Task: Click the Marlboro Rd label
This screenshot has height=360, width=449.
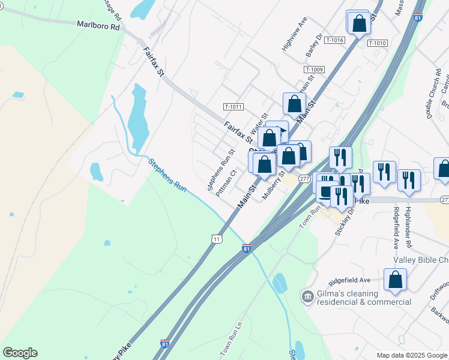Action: point(98,26)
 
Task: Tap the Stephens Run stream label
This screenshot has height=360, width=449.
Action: point(167,175)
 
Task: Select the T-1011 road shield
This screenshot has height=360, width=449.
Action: point(233,107)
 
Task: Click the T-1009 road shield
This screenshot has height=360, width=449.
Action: point(314,70)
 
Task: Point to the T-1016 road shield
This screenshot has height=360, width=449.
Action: point(334,40)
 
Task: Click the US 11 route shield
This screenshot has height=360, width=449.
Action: point(217,239)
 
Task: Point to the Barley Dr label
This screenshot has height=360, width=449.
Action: point(311,49)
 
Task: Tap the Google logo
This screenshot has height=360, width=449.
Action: point(20,353)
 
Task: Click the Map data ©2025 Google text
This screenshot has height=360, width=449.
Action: point(411,355)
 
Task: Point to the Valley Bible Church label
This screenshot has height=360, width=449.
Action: point(421,260)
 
